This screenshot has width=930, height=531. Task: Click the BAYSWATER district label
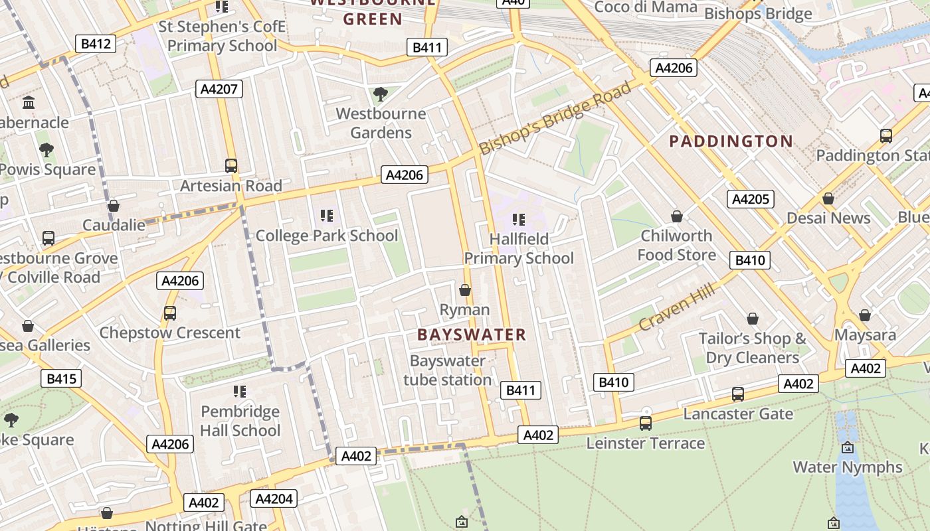tap(472, 335)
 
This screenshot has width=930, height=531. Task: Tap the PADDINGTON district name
tap(731, 141)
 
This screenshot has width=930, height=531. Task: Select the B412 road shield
tap(96, 44)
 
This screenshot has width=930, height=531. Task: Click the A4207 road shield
tap(219, 89)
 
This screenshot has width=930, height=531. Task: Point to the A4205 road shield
tap(751, 199)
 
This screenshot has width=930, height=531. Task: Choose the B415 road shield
tap(61, 379)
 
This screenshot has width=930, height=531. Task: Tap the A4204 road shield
tap(274, 498)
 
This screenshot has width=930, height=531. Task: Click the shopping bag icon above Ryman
tap(465, 290)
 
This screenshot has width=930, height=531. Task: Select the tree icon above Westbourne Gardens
tap(381, 94)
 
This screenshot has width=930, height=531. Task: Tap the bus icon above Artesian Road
tap(231, 166)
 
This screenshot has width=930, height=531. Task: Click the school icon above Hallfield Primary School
tap(518, 219)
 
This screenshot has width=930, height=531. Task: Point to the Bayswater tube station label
tap(448, 370)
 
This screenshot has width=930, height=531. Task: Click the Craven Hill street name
tap(677, 306)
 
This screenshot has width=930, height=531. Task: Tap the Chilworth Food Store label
tap(676, 245)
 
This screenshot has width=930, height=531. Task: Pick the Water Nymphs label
tap(848, 467)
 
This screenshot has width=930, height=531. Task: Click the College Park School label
tap(327, 236)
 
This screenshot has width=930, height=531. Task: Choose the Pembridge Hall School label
tap(240, 421)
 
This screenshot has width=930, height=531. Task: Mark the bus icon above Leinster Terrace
tap(645, 423)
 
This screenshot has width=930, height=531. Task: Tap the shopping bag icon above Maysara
tap(865, 315)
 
